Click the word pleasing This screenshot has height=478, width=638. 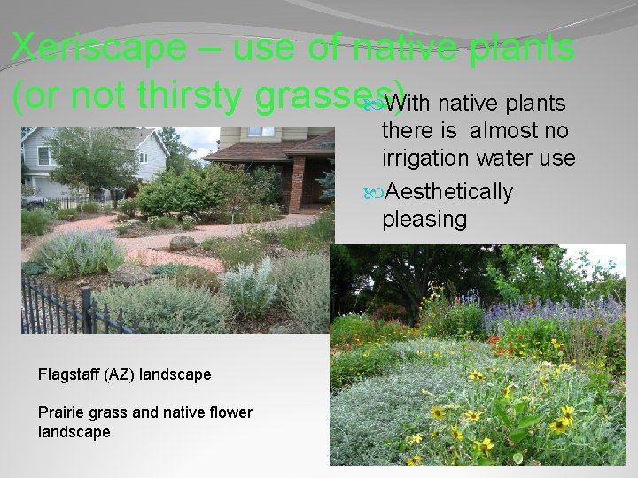pyautogui.click(x=424, y=219)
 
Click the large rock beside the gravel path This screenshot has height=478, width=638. pyautogui.click(x=183, y=242)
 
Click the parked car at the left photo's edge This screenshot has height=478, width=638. pyautogui.click(x=34, y=201)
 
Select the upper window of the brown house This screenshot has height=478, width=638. pyautogui.click(x=261, y=132)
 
